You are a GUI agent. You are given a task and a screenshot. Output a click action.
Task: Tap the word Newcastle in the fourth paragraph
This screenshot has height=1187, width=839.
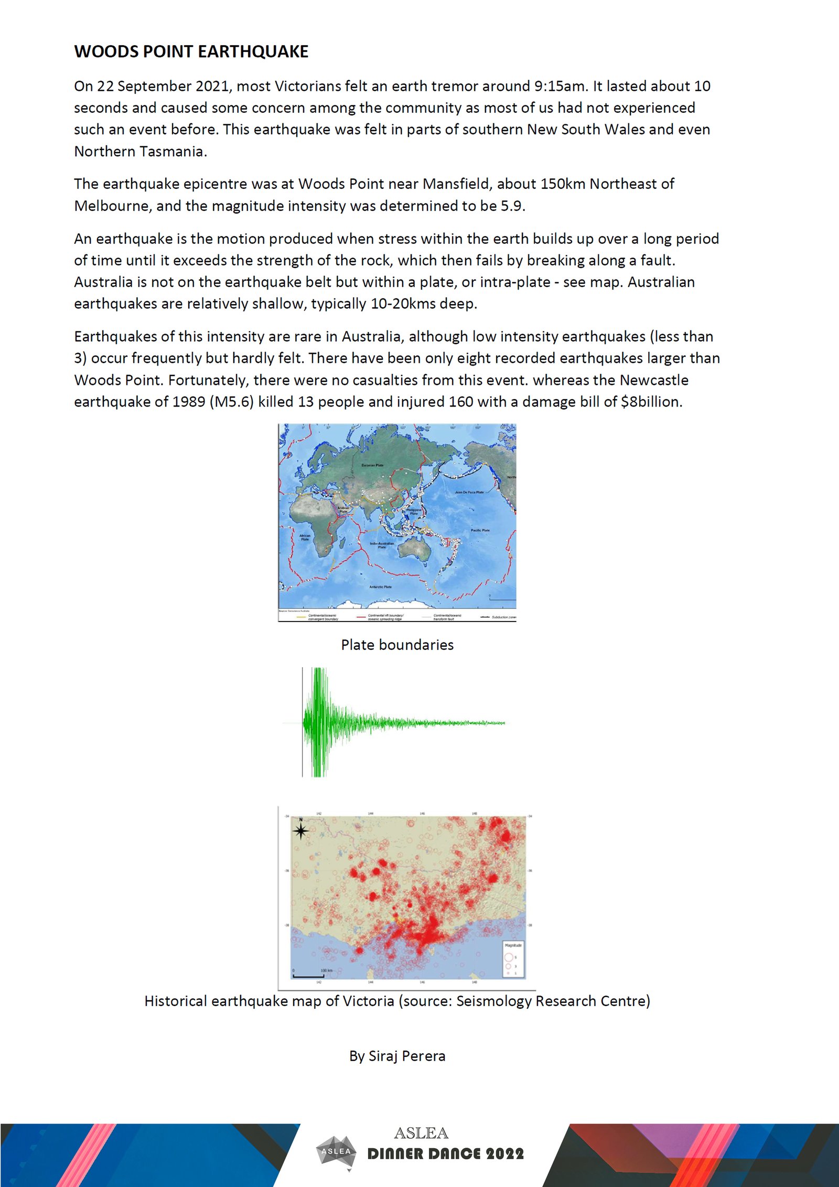654,380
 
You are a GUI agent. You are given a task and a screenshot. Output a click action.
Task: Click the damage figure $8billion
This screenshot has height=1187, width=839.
651,402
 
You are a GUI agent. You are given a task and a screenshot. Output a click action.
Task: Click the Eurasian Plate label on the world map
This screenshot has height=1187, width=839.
372,465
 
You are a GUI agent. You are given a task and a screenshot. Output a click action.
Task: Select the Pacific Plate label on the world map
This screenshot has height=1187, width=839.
480,530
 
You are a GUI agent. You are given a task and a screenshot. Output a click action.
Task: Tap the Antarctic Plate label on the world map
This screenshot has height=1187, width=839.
380,587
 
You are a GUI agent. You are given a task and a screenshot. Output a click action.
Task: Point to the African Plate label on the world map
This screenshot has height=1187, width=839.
305,538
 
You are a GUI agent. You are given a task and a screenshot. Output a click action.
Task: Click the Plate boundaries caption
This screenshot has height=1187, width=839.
397,645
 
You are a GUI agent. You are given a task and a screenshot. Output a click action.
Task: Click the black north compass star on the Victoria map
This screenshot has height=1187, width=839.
300,831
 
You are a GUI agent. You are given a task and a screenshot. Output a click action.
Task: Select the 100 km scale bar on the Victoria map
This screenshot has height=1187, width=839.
308,976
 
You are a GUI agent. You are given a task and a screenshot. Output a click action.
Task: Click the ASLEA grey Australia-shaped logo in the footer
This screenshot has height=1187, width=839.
336,1152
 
